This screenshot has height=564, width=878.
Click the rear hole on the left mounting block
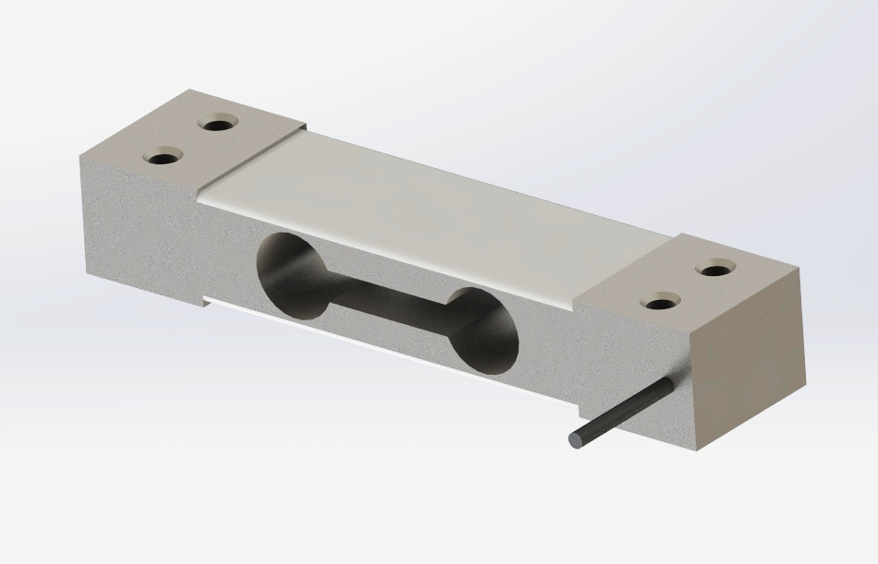[x=220, y=123]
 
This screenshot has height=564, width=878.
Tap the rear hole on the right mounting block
[x=716, y=270]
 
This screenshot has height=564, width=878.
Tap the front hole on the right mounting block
[x=662, y=301]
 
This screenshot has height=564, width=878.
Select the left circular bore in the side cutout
[x=288, y=276]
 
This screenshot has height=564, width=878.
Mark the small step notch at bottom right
[x=579, y=406]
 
